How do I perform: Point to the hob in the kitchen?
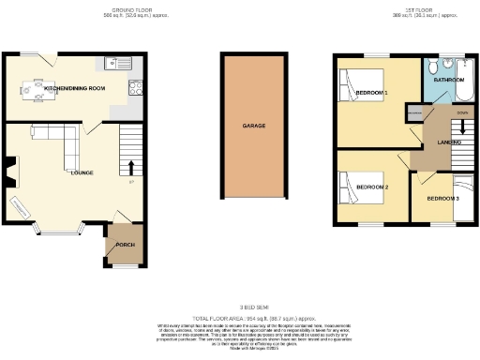point(135,89)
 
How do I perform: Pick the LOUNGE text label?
point(82,172)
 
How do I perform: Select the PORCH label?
point(125,245)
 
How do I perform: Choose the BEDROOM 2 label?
point(372,187)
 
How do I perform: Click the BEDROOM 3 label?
point(442,199)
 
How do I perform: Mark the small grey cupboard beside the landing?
point(413,112)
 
